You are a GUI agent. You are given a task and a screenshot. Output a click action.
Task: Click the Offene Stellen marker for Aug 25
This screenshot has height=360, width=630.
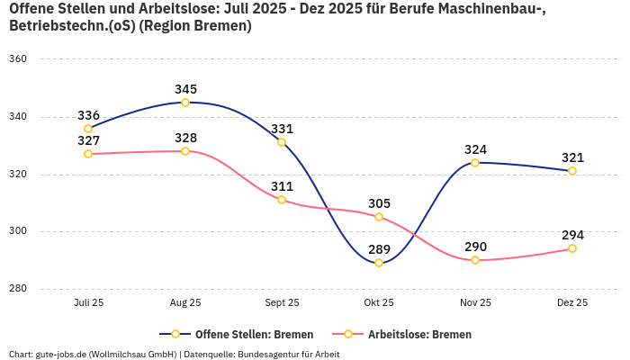(x=185, y=103)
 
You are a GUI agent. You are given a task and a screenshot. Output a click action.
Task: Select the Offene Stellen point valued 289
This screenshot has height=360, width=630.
(x=379, y=263)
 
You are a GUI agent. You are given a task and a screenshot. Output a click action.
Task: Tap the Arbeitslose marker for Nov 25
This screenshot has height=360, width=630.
(x=475, y=260)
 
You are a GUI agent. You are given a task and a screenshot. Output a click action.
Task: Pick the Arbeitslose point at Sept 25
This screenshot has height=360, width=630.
(x=282, y=200)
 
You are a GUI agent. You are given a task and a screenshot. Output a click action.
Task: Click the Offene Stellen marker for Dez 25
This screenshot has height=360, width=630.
(x=572, y=171)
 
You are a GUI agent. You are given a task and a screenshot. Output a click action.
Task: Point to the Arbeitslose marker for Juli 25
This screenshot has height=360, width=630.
(x=88, y=154)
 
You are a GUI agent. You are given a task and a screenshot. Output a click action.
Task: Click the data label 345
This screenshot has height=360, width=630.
(x=185, y=89)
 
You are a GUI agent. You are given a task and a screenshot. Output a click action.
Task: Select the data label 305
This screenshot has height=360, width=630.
(x=379, y=203)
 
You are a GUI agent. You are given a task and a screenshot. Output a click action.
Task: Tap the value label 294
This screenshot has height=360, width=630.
(x=572, y=235)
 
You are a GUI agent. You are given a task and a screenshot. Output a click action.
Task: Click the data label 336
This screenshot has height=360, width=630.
(x=88, y=115)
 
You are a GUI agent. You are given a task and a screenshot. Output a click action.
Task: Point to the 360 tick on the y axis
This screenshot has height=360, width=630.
(x=19, y=59)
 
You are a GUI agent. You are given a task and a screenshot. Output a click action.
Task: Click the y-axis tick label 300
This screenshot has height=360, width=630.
(x=19, y=231)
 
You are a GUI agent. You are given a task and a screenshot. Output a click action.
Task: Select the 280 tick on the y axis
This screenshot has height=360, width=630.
(x=19, y=289)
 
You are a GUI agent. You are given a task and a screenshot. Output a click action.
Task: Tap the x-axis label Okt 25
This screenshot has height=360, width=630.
(x=379, y=303)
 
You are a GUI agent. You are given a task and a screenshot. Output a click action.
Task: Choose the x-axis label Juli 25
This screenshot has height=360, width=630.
(x=88, y=303)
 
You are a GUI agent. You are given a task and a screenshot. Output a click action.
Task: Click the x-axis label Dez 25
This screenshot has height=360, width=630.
(x=572, y=303)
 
